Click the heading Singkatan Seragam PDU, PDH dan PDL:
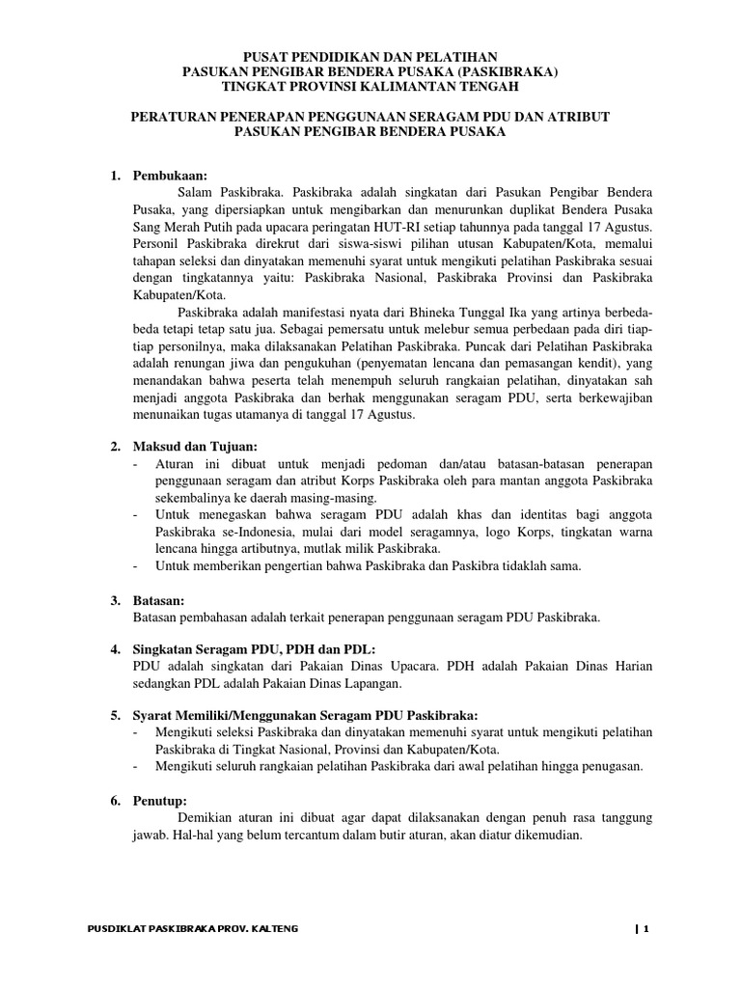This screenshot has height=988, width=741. [256, 646]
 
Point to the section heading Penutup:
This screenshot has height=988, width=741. [161, 801]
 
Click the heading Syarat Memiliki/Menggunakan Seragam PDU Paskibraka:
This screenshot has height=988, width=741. [304, 716]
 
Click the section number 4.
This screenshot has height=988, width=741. [113, 646]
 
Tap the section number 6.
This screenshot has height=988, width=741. [113, 801]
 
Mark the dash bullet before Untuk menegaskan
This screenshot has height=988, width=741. [134, 515]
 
